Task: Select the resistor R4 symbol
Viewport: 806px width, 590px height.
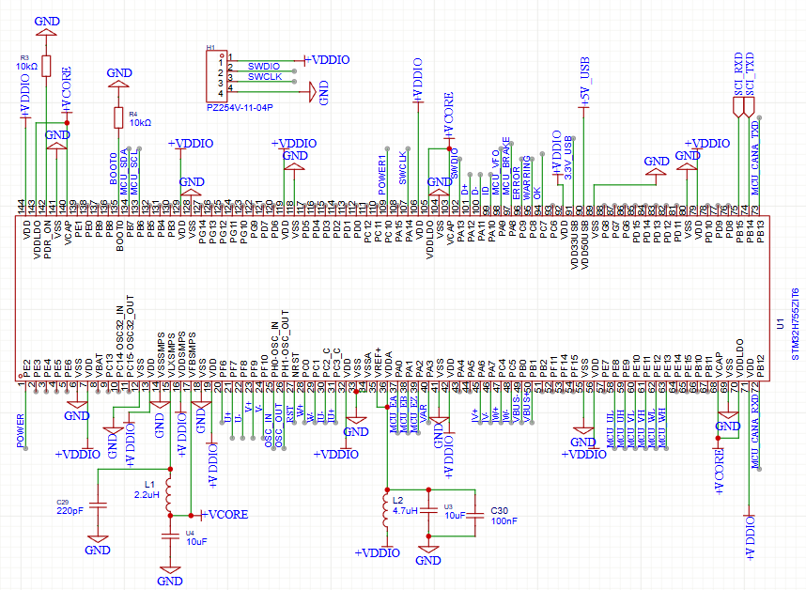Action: pos(118,117)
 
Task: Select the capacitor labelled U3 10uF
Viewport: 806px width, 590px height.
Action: pos(429,512)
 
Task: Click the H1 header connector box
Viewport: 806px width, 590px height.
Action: pos(218,76)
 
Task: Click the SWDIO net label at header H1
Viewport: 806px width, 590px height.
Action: pos(263,67)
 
